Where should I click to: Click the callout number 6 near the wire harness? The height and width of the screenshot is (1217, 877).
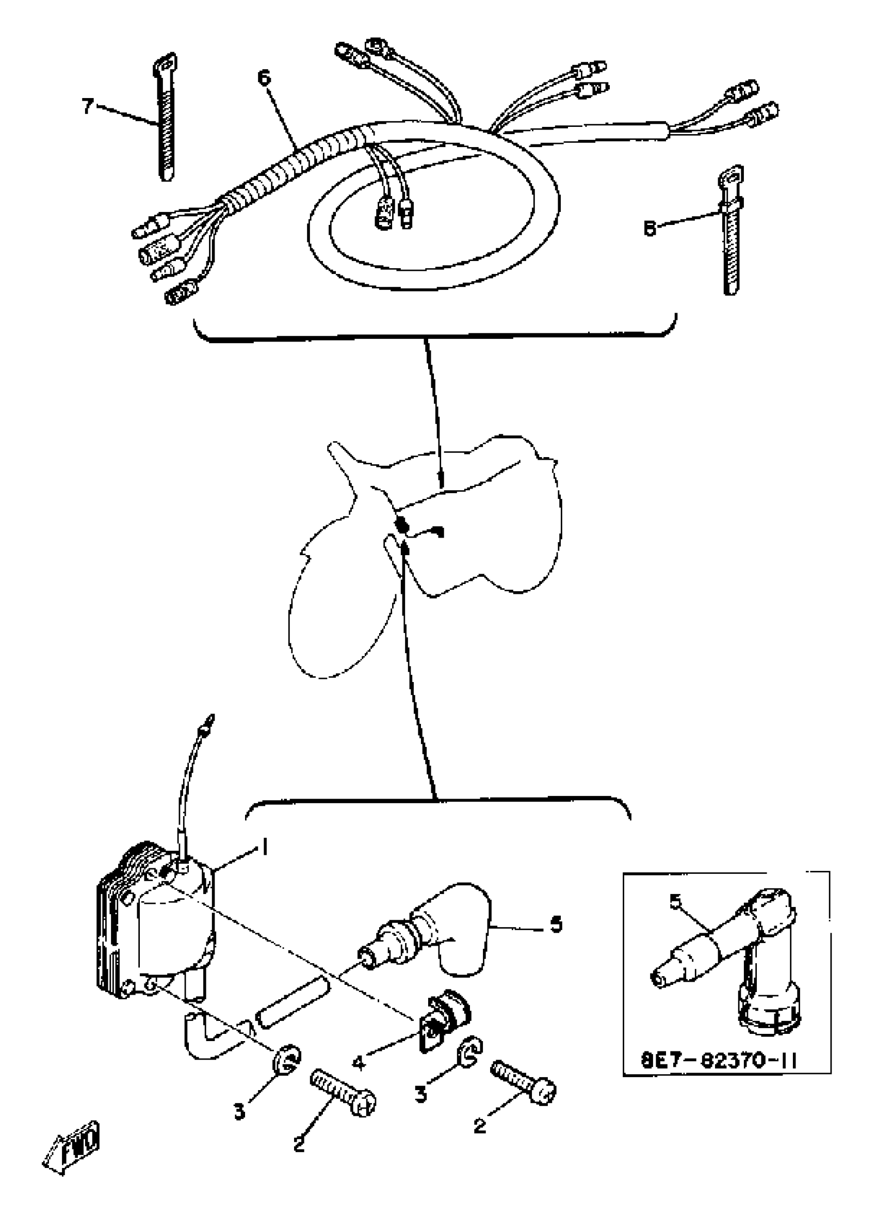coord(264,78)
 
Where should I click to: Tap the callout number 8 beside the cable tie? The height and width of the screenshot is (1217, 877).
coord(651,229)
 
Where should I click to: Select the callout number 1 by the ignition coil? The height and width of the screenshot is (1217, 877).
coord(264,847)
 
